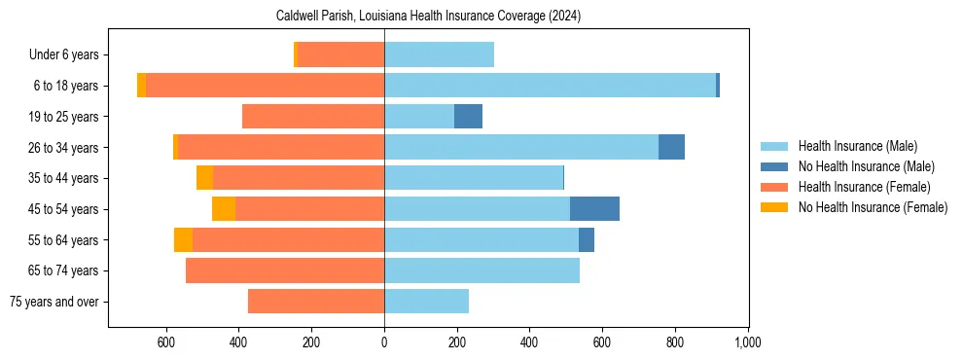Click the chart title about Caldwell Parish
(x=428, y=17)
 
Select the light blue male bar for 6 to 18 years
(x=550, y=86)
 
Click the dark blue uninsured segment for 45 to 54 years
(x=594, y=208)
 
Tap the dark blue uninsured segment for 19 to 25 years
(x=468, y=117)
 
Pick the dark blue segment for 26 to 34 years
(x=671, y=147)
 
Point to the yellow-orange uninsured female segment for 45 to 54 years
(x=224, y=208)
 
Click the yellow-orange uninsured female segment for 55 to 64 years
(x=183, y=239)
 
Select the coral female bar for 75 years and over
(x=316, y=302)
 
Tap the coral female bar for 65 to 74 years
(x=285, y=270)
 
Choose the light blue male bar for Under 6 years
(x=439, y=54)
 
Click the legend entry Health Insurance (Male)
(x=857, y=146)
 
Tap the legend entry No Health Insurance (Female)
(x=873, y=207)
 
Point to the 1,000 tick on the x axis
(x=747, y=342)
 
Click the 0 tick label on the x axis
(x=384, y=342)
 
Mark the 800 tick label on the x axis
(x=674, y=342)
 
